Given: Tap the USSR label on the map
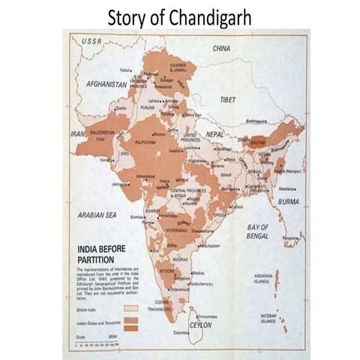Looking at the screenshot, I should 91,41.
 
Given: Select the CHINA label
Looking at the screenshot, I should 221,48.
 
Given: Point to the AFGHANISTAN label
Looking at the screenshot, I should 106,85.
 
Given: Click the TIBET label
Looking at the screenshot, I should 227,99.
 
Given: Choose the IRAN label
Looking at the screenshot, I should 77,133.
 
